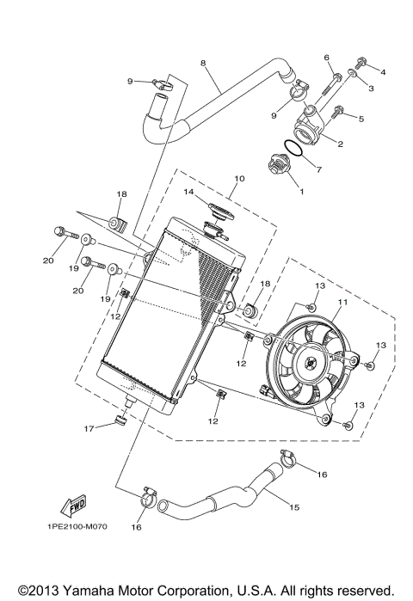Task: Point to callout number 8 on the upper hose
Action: (x=203, y=63)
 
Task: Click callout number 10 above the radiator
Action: (x=237, y=179)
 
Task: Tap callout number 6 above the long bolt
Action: (x=327, y=58)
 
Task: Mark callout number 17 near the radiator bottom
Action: (x=88, y=427)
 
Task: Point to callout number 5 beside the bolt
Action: (x=361, y=118)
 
